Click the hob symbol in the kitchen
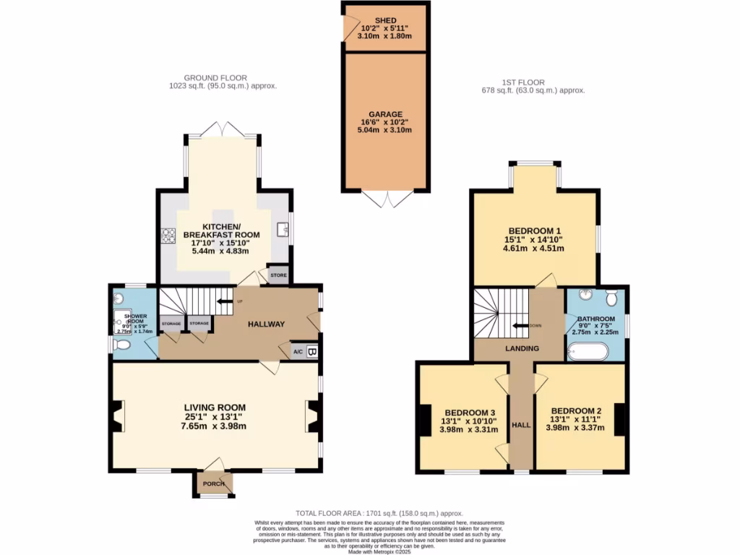[x=168, y=235]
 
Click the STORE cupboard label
[x=278, y=275]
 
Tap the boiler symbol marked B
[x=312, y=352]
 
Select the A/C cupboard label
[x=298, y=352]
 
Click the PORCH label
[x=213, y=483]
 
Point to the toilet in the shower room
[x=121, y=346]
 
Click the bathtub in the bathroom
[x=588, y=352]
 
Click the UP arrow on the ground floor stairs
[x=227, y=301]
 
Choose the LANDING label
[x=522, y=349]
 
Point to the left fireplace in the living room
[x=119, y=418]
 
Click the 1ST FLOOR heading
[x=523, y=82]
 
